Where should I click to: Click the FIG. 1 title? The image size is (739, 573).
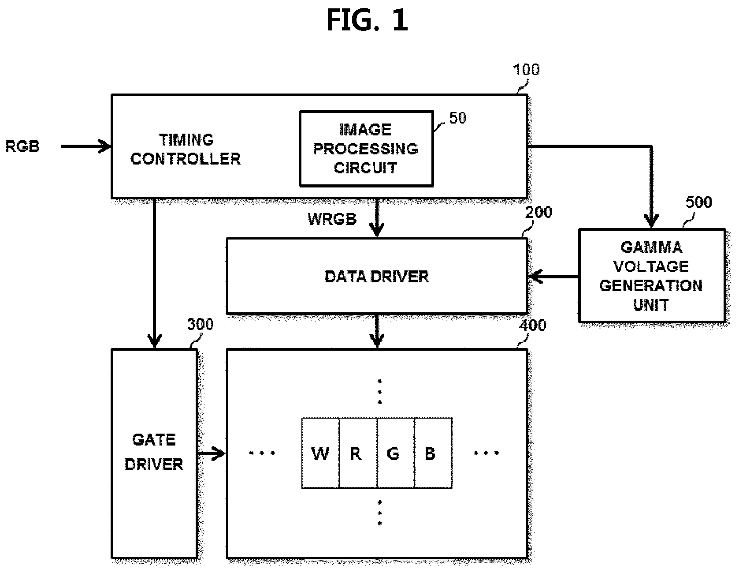coord(367,20)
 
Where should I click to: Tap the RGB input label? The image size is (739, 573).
coord(22,146)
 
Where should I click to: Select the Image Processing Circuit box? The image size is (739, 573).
coord(366,149)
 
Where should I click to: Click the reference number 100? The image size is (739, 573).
coord(526,70)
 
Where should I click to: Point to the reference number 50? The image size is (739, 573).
coord(458,118)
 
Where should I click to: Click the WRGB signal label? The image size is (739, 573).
coord(332,219)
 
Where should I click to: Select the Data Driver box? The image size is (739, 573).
coord(377,276)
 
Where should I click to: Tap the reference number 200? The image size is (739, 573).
coord(538,212)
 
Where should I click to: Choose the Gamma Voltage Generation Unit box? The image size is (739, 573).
coord(651,275)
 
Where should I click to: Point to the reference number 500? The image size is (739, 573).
coord(699,202)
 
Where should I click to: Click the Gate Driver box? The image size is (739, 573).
coord(154,453)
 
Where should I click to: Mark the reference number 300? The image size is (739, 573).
coord(200,325)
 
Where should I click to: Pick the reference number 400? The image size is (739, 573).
coord(533,325)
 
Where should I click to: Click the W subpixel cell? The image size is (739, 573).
coord(320,453)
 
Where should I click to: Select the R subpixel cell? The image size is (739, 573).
coord(358,453)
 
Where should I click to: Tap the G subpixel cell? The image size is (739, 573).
coord(395,453)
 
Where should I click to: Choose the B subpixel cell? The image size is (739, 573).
coord(433,453)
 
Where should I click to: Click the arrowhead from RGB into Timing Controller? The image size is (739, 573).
coord(106,146)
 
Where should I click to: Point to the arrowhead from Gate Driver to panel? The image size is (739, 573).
coord(219,453)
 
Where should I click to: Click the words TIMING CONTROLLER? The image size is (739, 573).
coord(186,150)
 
